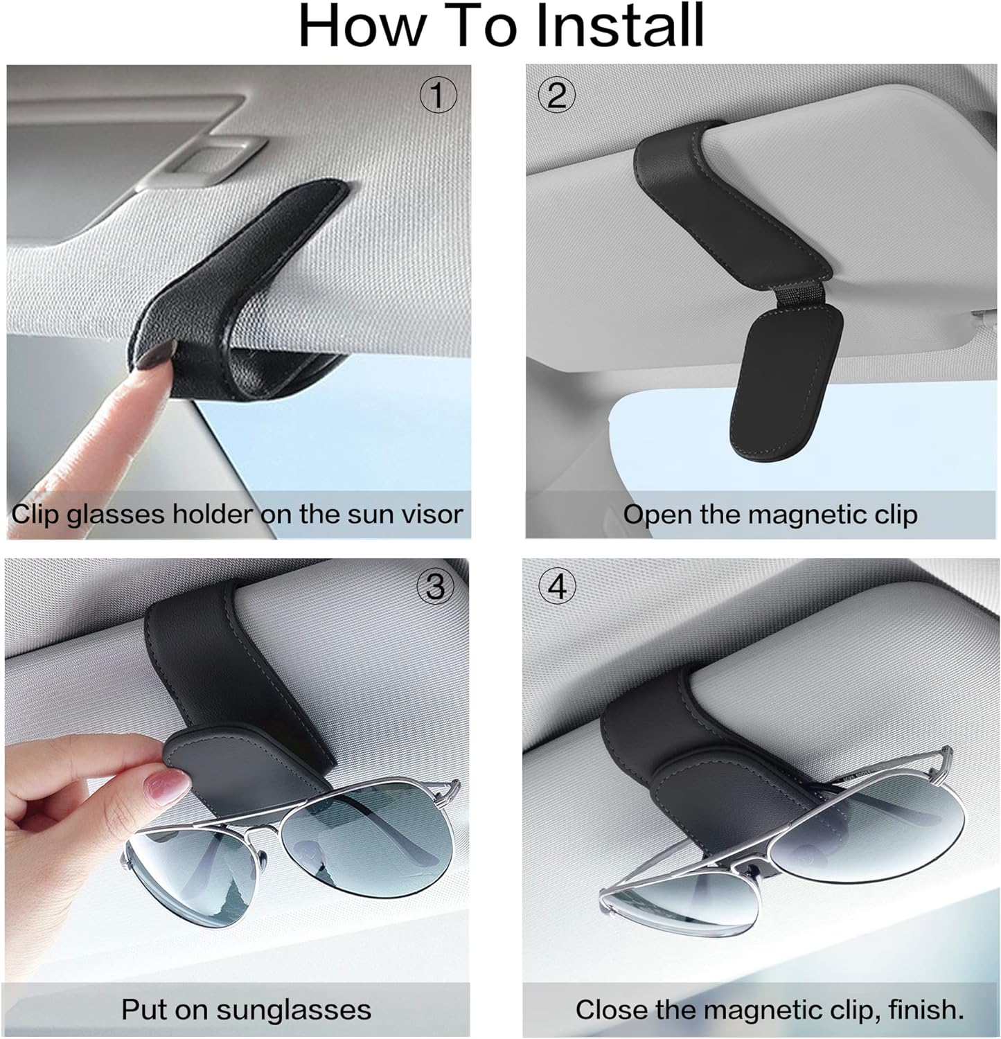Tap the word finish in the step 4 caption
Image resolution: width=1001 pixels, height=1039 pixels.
tap(925, 1009)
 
